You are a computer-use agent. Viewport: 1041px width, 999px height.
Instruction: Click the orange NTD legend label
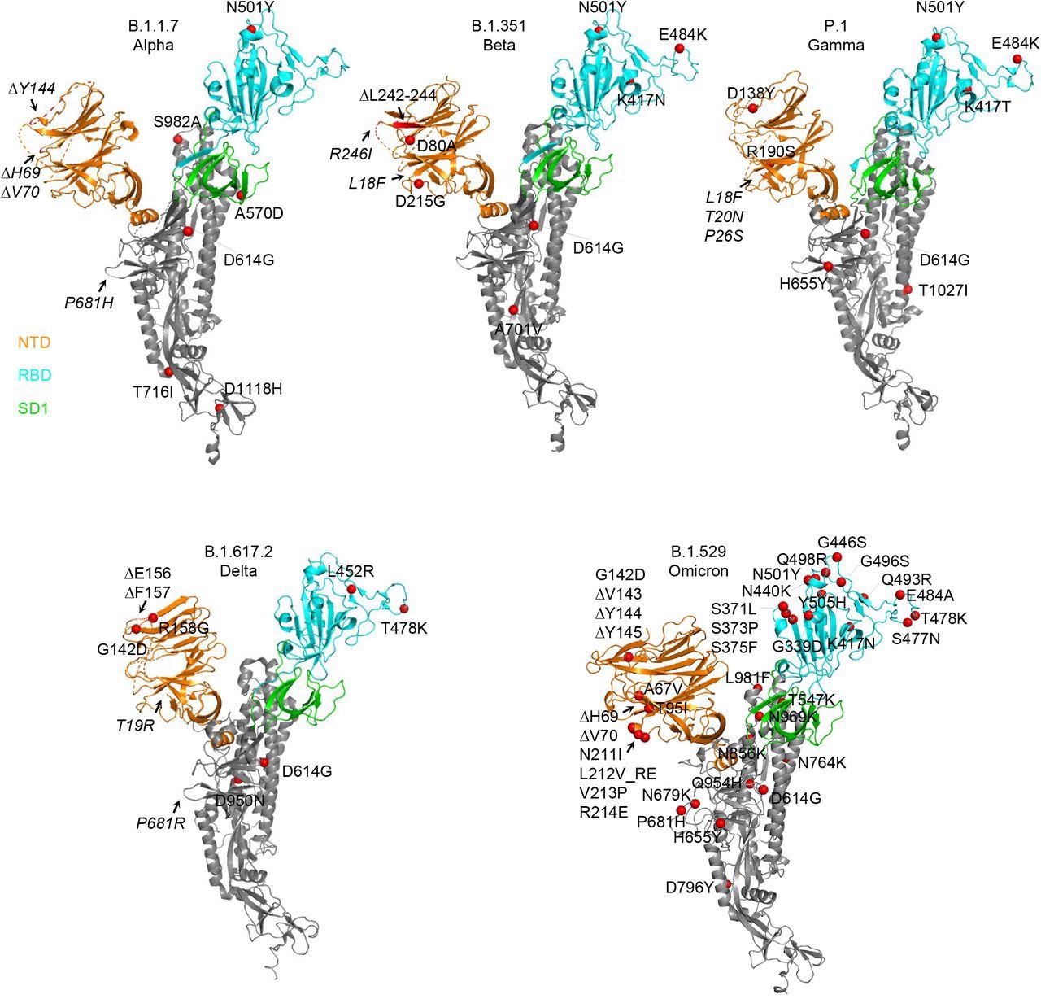[33, 343]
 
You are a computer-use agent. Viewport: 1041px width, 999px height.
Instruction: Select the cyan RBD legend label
[33, 376]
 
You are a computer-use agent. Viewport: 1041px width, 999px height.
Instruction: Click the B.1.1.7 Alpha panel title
[153, 36]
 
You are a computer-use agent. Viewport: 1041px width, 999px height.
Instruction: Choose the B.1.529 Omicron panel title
[699, 561]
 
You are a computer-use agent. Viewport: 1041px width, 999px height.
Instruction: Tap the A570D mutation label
[260, 214]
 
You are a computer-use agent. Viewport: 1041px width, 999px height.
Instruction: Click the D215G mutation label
[420, 202]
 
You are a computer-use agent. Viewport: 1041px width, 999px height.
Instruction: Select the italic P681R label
[160, 822]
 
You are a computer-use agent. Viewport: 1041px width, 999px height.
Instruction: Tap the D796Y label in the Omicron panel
[690, 887]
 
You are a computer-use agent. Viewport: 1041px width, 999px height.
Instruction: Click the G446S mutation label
[842, 542]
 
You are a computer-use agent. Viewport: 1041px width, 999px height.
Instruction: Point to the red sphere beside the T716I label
[169, 372]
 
